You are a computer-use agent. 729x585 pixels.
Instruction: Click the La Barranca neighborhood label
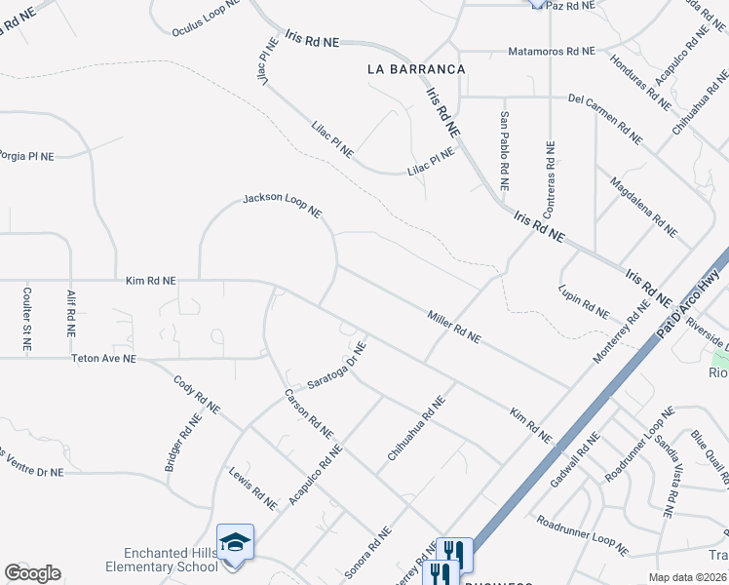pyautogui.click(x=416, y=69)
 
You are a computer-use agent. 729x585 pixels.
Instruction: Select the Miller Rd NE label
pyautogui.click(x=453, y=327)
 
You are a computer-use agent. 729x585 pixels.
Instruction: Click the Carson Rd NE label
pyautogui.click(x=309, y=413)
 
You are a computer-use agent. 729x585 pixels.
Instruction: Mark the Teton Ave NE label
pyautogui.click(x=104, y=359)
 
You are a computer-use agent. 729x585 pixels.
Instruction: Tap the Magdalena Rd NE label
pyautogui.click(x=643, y=207)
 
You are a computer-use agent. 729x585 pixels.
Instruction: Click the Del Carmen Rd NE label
pyautogui.click(x=605, y=120)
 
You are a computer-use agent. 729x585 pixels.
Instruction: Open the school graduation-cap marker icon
pyautogui.click(x=235, y=540)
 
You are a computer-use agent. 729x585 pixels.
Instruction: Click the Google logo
pyautogui.click(x=32, y=572)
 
